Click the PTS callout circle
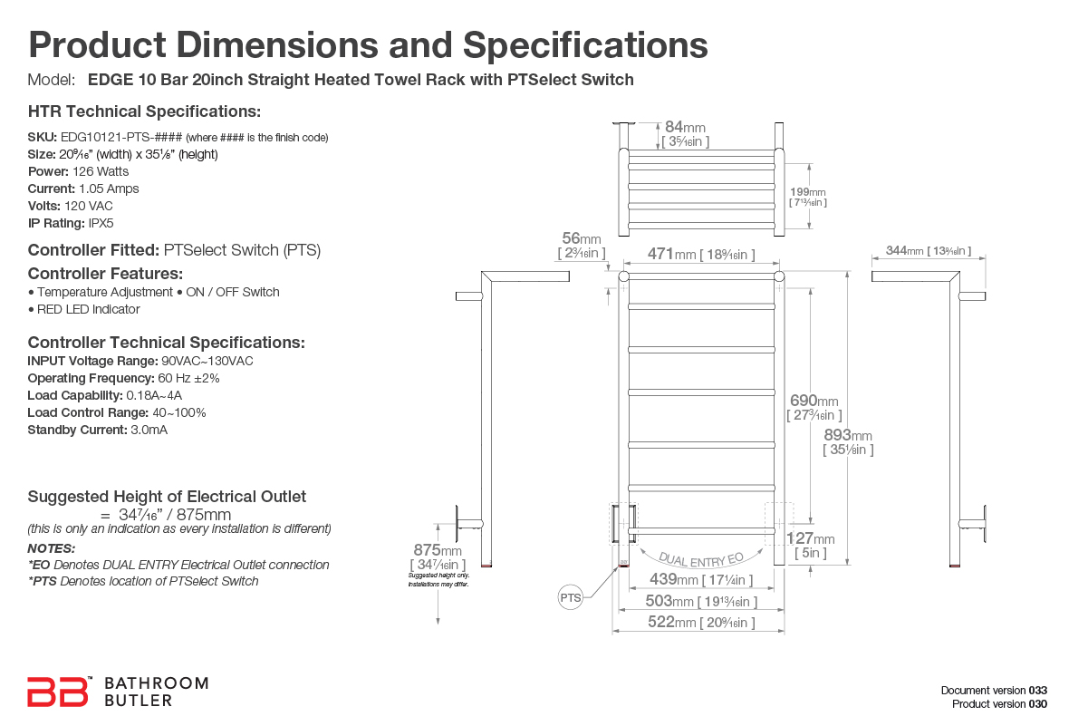tap(571, 598)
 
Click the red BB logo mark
tap(58, 692)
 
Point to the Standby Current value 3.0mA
tap(149, 430)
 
